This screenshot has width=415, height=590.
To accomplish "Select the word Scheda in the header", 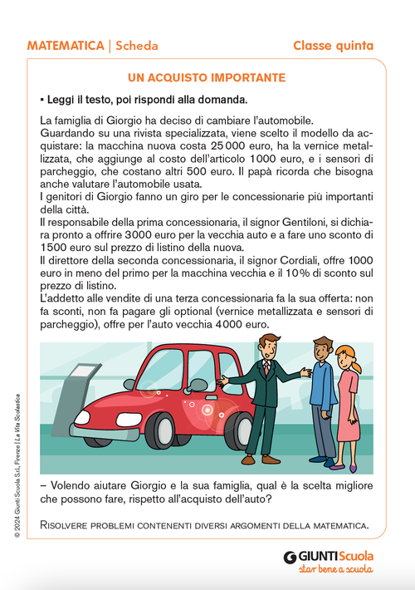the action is [137, 45].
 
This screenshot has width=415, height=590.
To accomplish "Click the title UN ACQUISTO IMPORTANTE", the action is [207, 77].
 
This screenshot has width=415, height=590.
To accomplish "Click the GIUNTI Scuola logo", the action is [329, 557].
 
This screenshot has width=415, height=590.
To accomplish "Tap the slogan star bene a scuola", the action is [335, 570].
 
